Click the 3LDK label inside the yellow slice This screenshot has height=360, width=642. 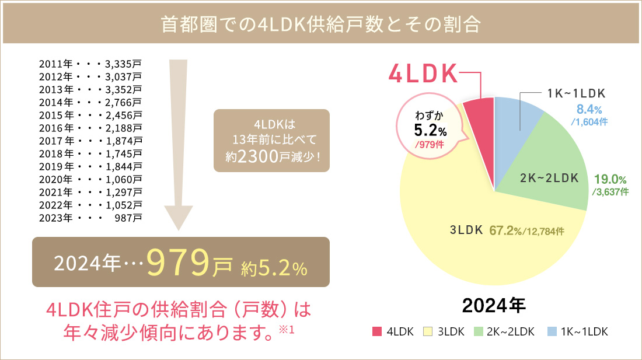pos(466,230)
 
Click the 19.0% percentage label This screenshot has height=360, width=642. pos(610,180)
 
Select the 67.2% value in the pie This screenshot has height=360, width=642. pos(504,230)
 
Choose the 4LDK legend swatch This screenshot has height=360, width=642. pos(376,332)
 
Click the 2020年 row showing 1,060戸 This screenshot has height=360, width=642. pos(90,179)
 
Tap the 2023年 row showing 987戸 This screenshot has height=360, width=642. pos(90,219)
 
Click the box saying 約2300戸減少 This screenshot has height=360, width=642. pos(271,140)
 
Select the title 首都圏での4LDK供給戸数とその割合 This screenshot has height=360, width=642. pos(320,25)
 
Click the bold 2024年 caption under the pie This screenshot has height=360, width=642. pos(494,305)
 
